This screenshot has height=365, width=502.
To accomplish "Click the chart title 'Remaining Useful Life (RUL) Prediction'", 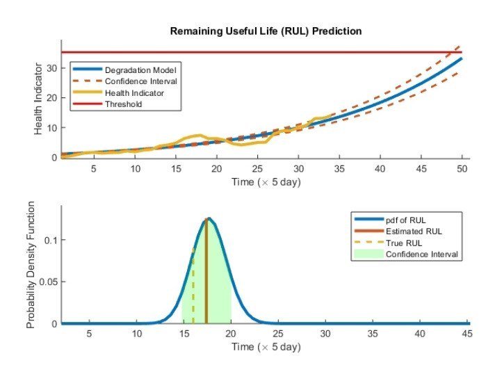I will coord(267,31).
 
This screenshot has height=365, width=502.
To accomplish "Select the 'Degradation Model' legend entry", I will coord(139,70).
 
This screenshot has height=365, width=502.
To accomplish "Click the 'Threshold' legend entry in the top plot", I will coord(123,104).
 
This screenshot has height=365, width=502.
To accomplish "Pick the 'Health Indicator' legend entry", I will coord(134,93).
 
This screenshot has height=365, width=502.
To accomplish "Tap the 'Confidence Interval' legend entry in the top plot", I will coord(140,81).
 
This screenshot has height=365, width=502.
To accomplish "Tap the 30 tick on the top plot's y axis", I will coord(51,68).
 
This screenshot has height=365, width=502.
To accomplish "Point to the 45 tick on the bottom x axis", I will coord(467,334).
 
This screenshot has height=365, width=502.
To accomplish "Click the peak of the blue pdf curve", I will coord(207,219).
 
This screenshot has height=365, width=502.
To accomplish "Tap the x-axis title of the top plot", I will coord(266,181).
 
